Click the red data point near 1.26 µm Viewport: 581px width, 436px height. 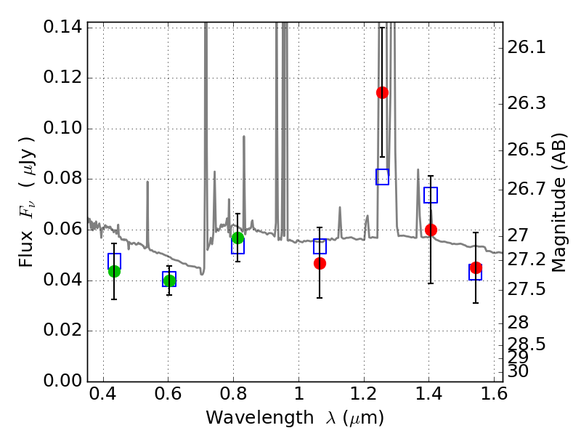click(382, 92)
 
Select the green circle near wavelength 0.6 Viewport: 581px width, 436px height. click(169, 280)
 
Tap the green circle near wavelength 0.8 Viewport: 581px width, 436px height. click(237, 238)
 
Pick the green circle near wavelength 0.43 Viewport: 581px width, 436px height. click(114, 271)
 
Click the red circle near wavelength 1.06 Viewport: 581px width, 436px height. click(320, 263)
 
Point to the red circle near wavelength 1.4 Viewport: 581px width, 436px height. click(431, 230)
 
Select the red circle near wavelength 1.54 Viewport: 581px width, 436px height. click(476, 267)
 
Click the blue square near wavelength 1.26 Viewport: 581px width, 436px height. click(382, 177)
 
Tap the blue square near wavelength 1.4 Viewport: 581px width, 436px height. click(431, 195)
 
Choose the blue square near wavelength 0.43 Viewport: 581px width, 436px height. click(114, 261)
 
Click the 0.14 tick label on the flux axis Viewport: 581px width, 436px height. click(62, 27)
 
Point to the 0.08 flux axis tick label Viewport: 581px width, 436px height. click(62, 178)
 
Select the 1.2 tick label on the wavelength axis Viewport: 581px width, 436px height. click(364, 394)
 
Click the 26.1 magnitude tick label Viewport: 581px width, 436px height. click(526, 47)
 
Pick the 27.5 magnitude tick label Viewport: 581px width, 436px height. click(526, 288)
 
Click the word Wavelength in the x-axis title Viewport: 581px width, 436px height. click(260, 419)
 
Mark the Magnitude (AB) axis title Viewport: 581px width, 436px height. click(558, 203)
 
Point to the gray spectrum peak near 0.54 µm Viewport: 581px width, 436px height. click(147, 182)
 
